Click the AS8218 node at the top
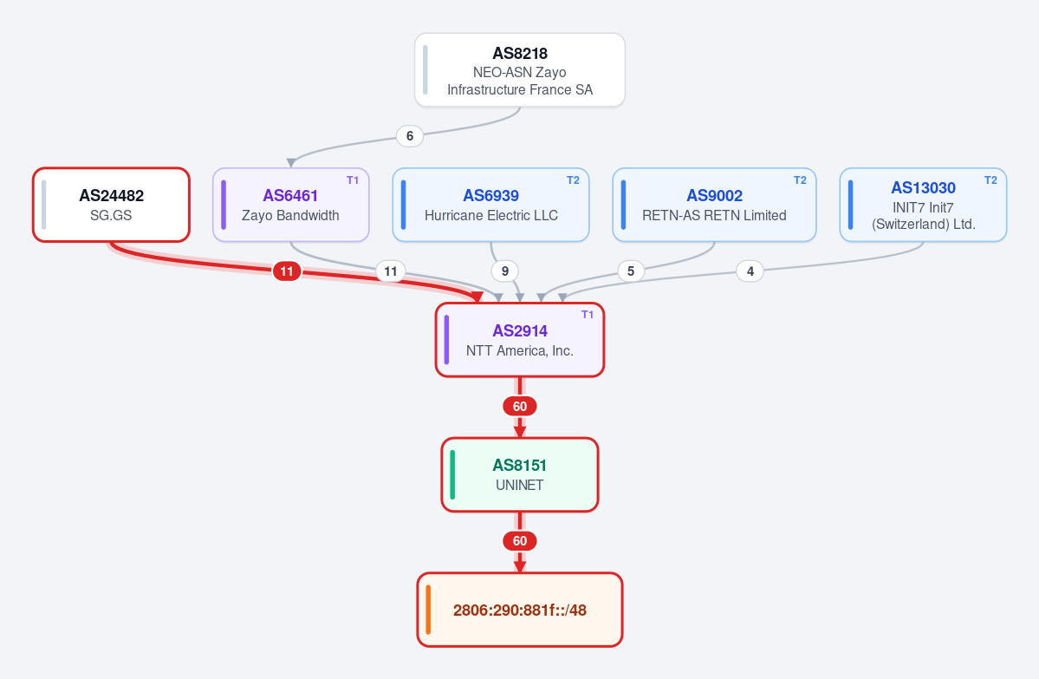[x=520, y=69]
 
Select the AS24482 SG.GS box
[x=111, y=205]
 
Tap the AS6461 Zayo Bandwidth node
[x=291, y=205]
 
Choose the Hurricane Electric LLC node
[x=491, y=205]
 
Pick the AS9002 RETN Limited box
[x=714, y=205]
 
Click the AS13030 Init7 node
[x=923, y=205]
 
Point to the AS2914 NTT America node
[x=520, y=340]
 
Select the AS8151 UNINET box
[x=520, y=474]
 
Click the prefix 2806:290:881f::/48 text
[x=520, y=610]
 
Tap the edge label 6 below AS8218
[x=410, y=136]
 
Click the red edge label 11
[x=286, y=271]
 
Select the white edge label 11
[x=390, y=271]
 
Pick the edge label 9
[x=505, y=271]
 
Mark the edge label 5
[x=631, y=271]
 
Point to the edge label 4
[x=750, y=271]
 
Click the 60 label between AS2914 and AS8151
[x=520, y=407]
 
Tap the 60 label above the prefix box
[x=520, y=541]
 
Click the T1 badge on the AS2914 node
[x=587, y=315]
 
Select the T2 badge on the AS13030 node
[x=990, y=180]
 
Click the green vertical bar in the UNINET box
[x=452, y=474]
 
